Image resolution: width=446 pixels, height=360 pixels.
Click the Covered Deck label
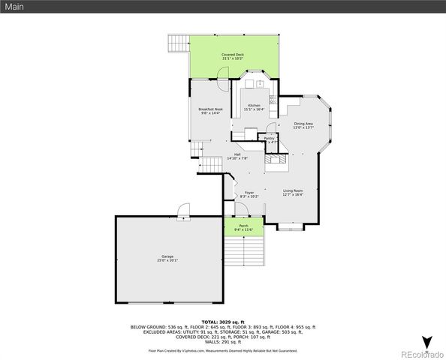tap(232, 56)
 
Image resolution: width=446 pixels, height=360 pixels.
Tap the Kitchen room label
tap(254, 107)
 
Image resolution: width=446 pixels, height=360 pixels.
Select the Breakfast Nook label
tap(209, 111)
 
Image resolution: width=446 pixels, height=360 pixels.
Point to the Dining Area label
tap(303, 125)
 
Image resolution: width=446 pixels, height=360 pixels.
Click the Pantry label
tap(269, 139)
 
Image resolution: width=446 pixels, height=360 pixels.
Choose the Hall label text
tap(237, 156)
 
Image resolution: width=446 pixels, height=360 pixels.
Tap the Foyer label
tap(249, 194)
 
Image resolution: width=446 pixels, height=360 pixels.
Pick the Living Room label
tap(292, 193)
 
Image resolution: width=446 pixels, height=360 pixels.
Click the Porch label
tap(244, 227)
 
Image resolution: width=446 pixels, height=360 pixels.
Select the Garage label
tap(167, 259)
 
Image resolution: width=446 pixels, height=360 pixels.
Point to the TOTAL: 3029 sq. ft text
tap(223, 322)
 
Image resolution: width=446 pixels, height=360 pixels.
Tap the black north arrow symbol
tap(427, 342)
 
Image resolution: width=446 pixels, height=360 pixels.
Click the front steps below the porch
tap(255, 250)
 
